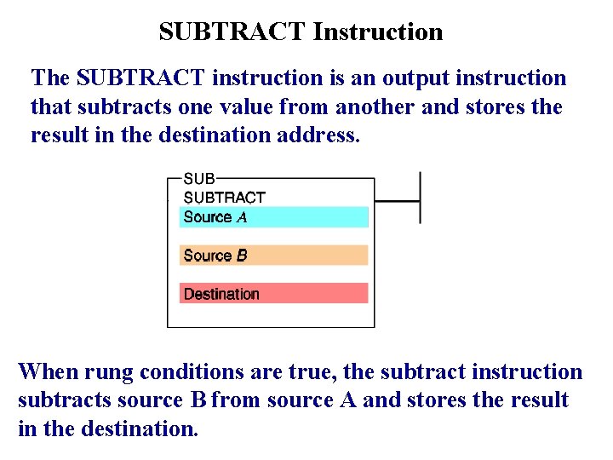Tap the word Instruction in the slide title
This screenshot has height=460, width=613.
[377, 32]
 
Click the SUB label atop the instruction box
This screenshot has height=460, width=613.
[200, 179]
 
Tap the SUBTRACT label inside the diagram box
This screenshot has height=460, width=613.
[225, 197]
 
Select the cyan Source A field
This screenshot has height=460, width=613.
[274, 217]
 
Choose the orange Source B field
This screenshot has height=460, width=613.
[274, 256]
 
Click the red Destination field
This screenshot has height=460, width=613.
[274, 294]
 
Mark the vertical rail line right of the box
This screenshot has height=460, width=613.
[421, 198]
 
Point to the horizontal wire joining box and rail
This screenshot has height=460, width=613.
[397, 202]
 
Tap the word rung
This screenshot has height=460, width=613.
[108, 372]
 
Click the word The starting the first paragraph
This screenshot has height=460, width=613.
[50, 78]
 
